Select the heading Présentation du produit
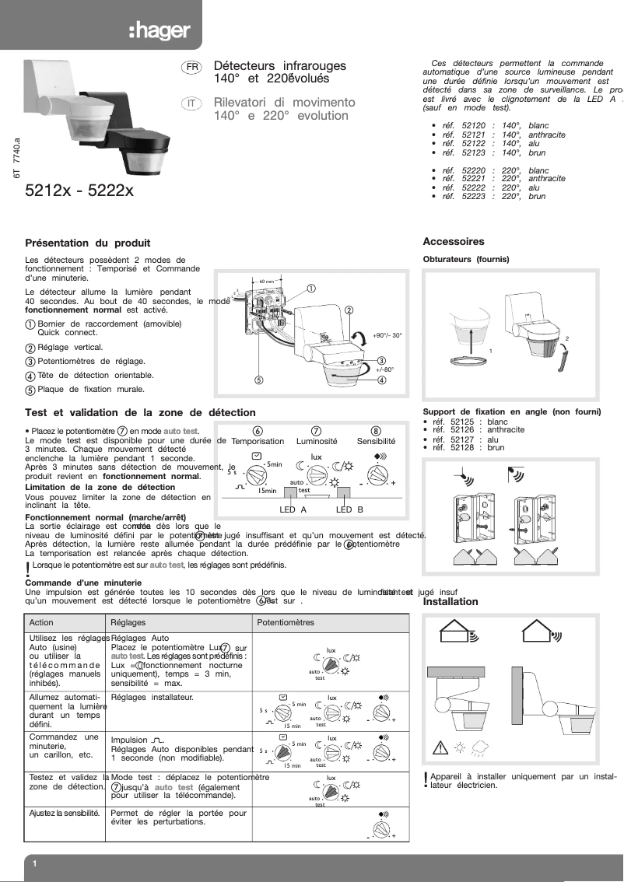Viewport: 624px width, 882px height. coord(87,243)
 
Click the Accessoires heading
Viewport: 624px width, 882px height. coord(453,242)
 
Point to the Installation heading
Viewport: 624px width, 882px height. coord(450,601)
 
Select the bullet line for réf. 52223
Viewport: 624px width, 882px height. coord(493,197)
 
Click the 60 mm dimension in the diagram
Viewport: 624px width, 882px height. coord(266,281)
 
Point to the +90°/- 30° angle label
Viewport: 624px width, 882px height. coord(387,335)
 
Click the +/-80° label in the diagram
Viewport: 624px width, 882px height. coord(385,369)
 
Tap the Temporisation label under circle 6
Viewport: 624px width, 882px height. coord(258,441)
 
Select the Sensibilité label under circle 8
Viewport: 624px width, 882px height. coord(376,441)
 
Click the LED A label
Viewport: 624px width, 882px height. coord(293,509)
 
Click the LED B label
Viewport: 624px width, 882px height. coord(349,509)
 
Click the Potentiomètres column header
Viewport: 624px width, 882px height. coord(286,623)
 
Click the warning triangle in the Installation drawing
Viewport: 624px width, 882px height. coord(440,749)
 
